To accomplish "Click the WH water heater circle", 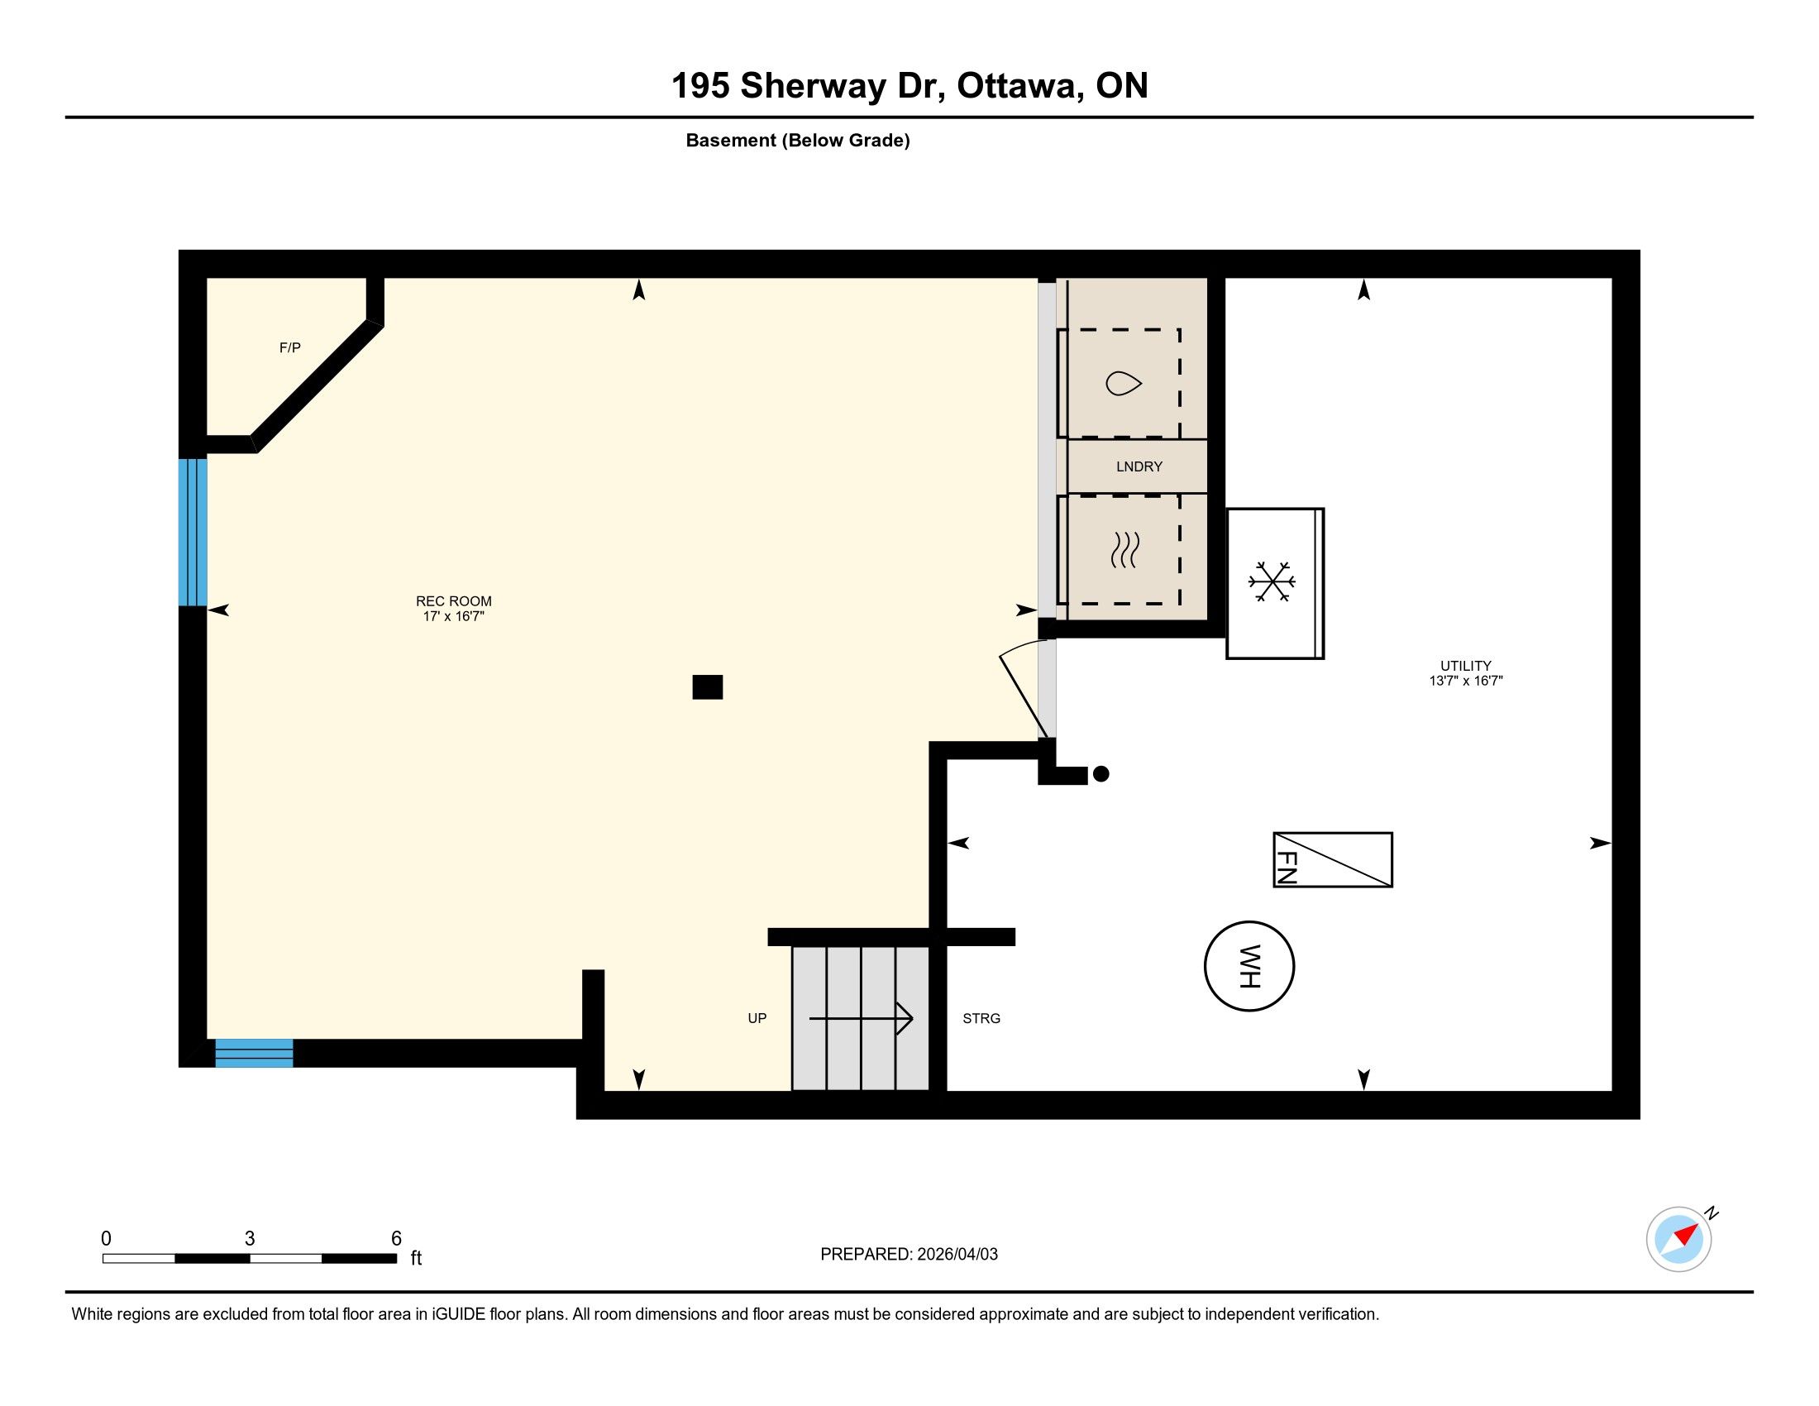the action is [1248, 923].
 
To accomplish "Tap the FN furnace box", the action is [1333, 859].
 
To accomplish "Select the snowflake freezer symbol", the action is [1271, 581].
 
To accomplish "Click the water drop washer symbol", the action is [1123, 383].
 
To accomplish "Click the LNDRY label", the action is [1139, 466].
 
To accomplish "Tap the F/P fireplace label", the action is [290, 347].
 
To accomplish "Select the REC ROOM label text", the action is [454, 600].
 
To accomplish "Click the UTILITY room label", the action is [1465, 666].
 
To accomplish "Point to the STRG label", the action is [981, 1018].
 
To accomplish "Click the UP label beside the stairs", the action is [757, 1018].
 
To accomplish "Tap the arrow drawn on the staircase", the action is [862, 1018].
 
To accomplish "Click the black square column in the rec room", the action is [707, 686].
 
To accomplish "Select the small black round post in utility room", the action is [1100, 774].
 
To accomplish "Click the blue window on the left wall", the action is [193, 532].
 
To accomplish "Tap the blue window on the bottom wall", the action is [254, 1053].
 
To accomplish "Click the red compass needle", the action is [1687, 1235].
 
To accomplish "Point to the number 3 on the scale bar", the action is [249, 1238].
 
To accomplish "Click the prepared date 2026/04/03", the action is [957, 1254].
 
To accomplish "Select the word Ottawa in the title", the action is [1016, 86].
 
